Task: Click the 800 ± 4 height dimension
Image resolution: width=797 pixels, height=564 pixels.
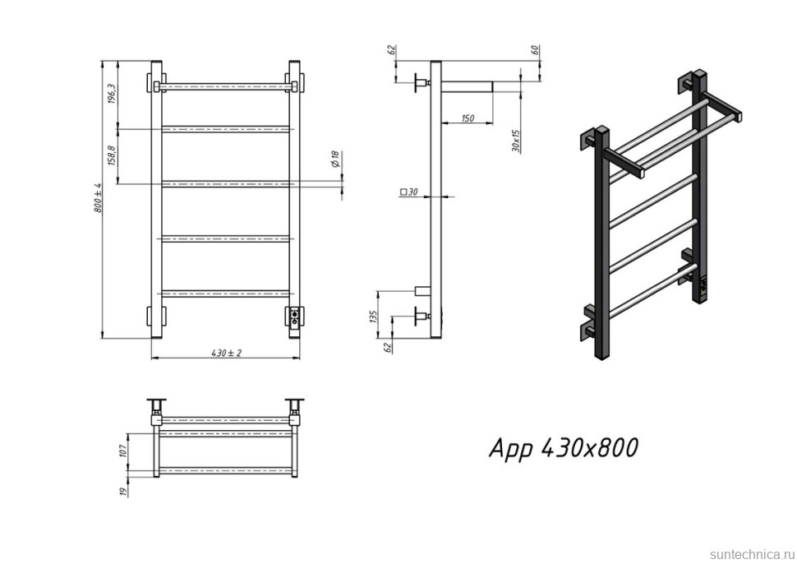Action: pos(98,197)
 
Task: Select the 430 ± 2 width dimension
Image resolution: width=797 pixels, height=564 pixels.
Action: pos(227,353)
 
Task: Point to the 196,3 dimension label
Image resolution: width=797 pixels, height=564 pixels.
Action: pos(113,94)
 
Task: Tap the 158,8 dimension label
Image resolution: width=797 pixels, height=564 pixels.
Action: pos(113,155)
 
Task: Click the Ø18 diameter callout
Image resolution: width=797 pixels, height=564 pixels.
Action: pos(334,159)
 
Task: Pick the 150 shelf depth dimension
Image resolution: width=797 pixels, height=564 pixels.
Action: pos(468,118)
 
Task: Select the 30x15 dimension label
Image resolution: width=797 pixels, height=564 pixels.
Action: pos(516,141)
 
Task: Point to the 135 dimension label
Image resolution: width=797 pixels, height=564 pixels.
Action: pos(374,316)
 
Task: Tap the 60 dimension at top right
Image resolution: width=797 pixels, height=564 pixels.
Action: pos(534,50)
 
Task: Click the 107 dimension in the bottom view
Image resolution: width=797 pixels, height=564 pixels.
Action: pos(122,450)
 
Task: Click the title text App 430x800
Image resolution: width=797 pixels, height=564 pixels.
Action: pos(563,448)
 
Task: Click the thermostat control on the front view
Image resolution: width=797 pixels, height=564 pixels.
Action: pos(294,318)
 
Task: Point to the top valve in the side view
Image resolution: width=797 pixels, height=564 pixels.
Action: pos(422,82)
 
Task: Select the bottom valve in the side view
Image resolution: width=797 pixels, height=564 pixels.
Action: pos(422,317)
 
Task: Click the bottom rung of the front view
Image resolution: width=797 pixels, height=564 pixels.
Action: pos(226,294)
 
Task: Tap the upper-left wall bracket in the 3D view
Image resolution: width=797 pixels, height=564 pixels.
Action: pos(588,139)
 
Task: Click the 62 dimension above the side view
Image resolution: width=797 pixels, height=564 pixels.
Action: pos(390,50)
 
